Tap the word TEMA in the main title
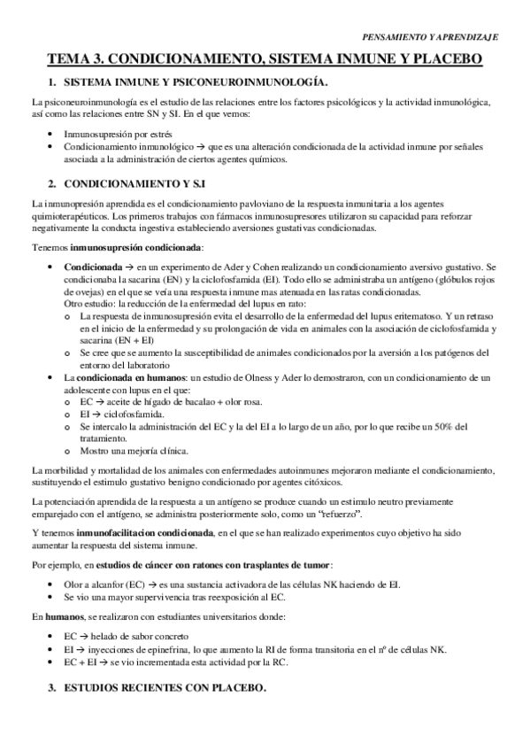coord(68,59)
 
